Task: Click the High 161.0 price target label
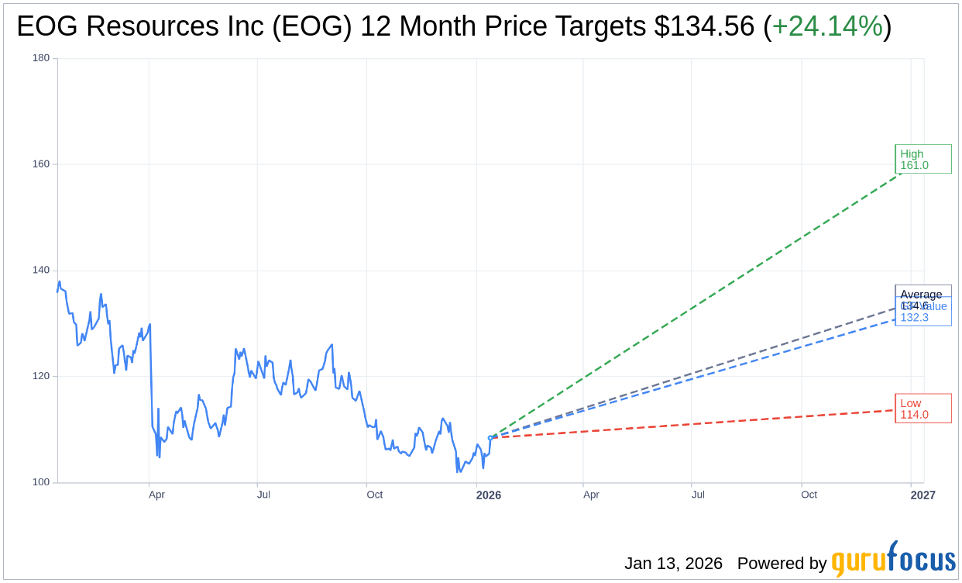[922, 159]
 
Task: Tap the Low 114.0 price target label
[922, 409]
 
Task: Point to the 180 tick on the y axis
[41, 58]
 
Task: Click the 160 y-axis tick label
[41, 164]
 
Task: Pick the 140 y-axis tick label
[41, 271]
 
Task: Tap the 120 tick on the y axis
[41, 376]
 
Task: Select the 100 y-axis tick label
[41, 482]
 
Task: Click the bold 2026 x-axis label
[489, 495]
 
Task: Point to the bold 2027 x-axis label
[922, 495]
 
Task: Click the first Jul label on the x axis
[263, 495]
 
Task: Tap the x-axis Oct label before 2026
[375, 495]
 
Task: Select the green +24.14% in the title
[827, 27]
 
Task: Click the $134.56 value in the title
[704, 27]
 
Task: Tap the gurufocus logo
[893, 560]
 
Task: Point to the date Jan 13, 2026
[673, 564]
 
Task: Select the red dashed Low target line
[697, 424]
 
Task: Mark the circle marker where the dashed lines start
[490, 438]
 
